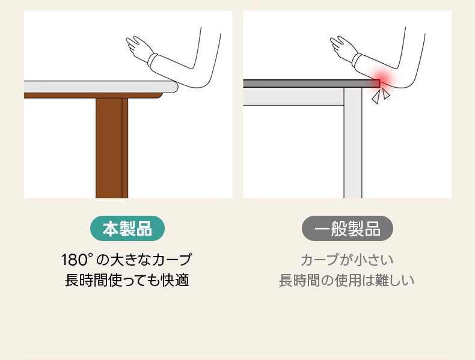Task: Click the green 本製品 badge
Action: click(x=127, y=228)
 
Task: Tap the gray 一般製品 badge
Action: click(x=348, y=228)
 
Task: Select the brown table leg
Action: click(x=112, y=148)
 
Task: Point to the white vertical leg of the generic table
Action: click(x=353, y=142)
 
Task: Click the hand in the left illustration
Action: click(x=138, y=48)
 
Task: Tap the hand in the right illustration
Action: click(x=343, y=48)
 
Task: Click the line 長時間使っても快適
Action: click(x=127, y=280)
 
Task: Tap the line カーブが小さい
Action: click(x=347, y=260)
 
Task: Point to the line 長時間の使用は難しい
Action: click(x=346, y=280)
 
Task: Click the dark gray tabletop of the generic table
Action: click(x=311, y=84)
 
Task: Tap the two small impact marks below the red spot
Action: click(x=381, y=96)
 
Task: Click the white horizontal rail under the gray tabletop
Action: click(x=293, y=97)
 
